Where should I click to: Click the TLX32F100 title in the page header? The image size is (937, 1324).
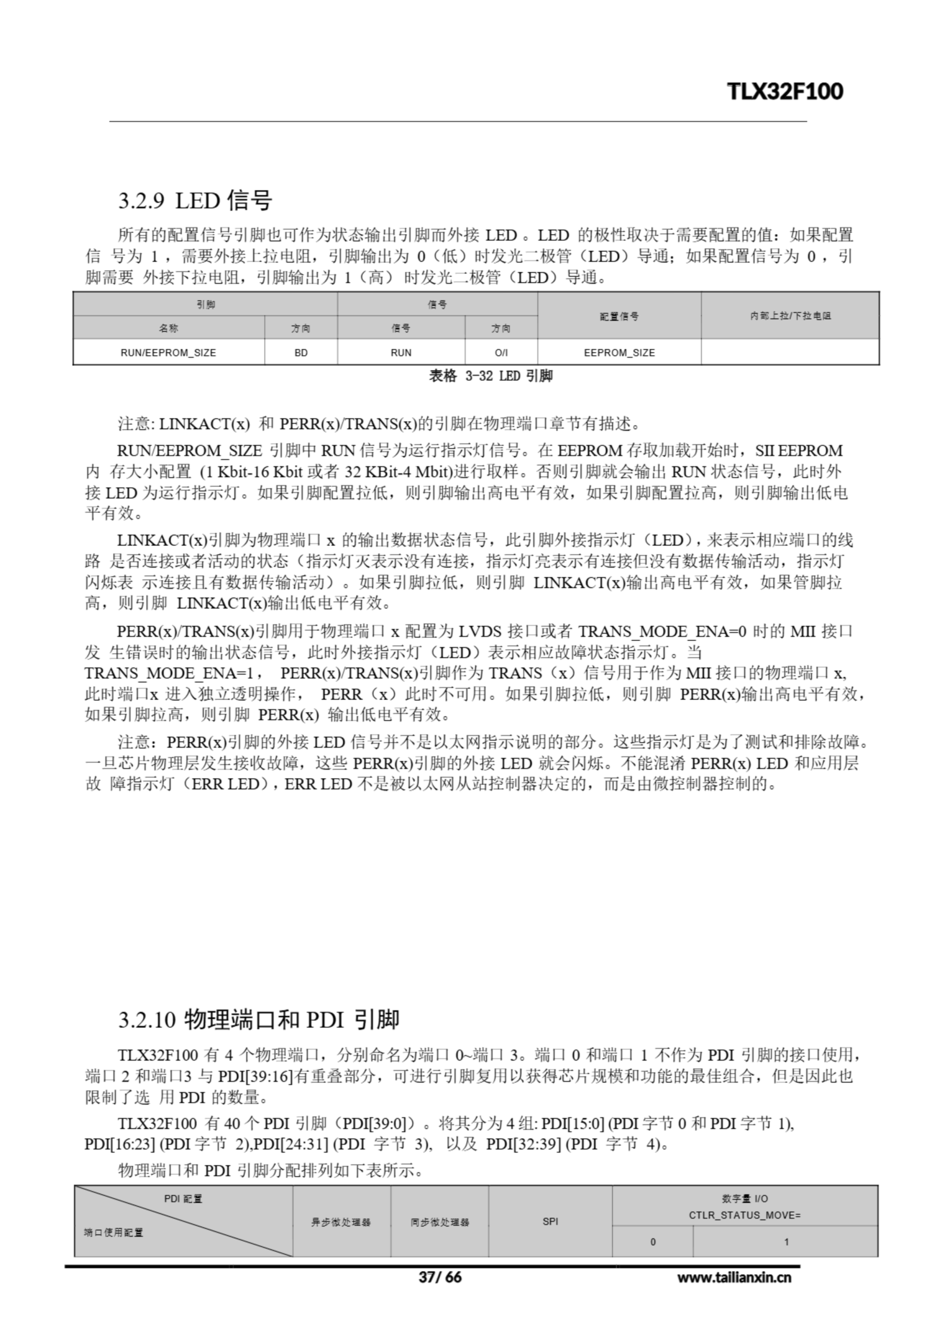click(785, 92)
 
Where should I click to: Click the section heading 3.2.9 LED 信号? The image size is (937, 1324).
click(195, 201)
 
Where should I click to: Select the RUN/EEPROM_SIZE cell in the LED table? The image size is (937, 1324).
click(168, 352)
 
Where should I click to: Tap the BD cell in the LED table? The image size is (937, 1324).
click(301, 352)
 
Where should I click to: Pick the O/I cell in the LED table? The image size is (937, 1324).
click(501, 352)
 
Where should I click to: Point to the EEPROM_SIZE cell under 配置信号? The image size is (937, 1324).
click(619, 352)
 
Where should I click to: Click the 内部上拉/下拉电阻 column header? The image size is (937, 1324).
click(790, 315)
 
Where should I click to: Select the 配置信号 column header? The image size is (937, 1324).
click(619, 316)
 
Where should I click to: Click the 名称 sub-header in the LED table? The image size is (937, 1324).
click(168, 328)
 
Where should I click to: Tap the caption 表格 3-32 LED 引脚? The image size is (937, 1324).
click(490, 376)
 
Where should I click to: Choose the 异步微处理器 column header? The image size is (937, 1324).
click(341, 1222)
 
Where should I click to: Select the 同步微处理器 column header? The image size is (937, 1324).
click(440, 1222)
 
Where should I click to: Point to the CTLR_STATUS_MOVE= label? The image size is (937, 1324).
click(745, 1215)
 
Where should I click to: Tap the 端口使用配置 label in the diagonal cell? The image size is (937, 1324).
click(113, 1232)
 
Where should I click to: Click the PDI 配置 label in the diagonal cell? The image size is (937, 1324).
click(183, 1199)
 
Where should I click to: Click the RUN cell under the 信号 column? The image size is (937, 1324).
click(400, 352)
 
